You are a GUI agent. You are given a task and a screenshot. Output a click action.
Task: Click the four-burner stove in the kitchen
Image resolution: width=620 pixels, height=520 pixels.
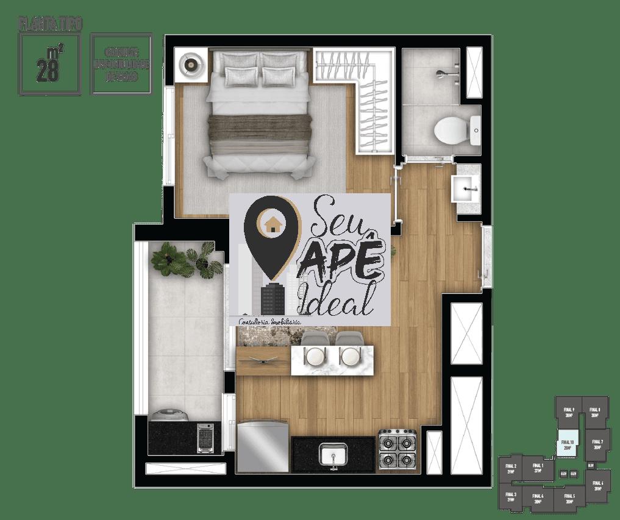[397, 450]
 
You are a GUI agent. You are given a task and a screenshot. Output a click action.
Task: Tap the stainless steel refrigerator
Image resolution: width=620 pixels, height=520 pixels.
[262, 447]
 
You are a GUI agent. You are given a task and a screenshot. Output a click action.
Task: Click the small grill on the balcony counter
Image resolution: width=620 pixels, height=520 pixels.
[205, 438]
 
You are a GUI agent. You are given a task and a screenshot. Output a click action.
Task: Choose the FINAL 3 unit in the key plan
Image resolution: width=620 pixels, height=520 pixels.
[511, 497]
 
